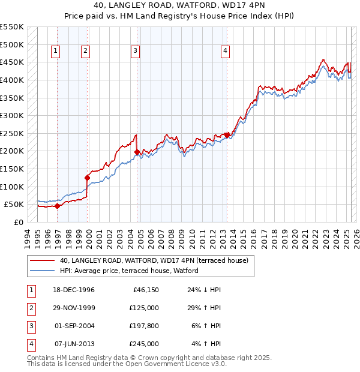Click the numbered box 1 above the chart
pyautogui.click(x=55, y=52)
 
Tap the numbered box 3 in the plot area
pyautogui.click(x=136, y=52)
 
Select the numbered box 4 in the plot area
pyautogui.click(x=225, y=52)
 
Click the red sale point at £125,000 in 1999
pyautogui.click(x=87, y=178)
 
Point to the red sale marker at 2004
pyautogui.click(x=137, y=152)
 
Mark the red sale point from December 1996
pyautogui.click(x=58, y=206)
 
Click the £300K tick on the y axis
pyautogui.click(x=12, y=115)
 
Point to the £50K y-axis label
pyautogui.click(x=14, y=205)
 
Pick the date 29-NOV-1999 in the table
pyautogui.click(x=74, y=308)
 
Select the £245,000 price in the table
pyautogui.click(x=145, y=344)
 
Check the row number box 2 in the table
pyautogui.click(x=31, y=308)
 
